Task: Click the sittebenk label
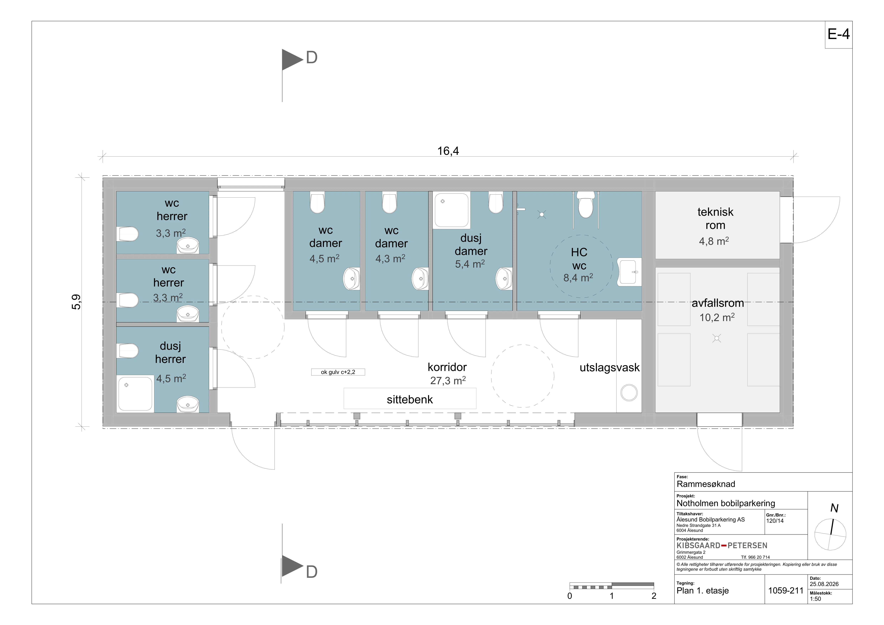410,399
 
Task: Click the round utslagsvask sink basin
629,393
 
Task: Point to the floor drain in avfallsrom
717,339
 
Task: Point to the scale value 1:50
815,599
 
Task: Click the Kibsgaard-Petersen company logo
722,545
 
